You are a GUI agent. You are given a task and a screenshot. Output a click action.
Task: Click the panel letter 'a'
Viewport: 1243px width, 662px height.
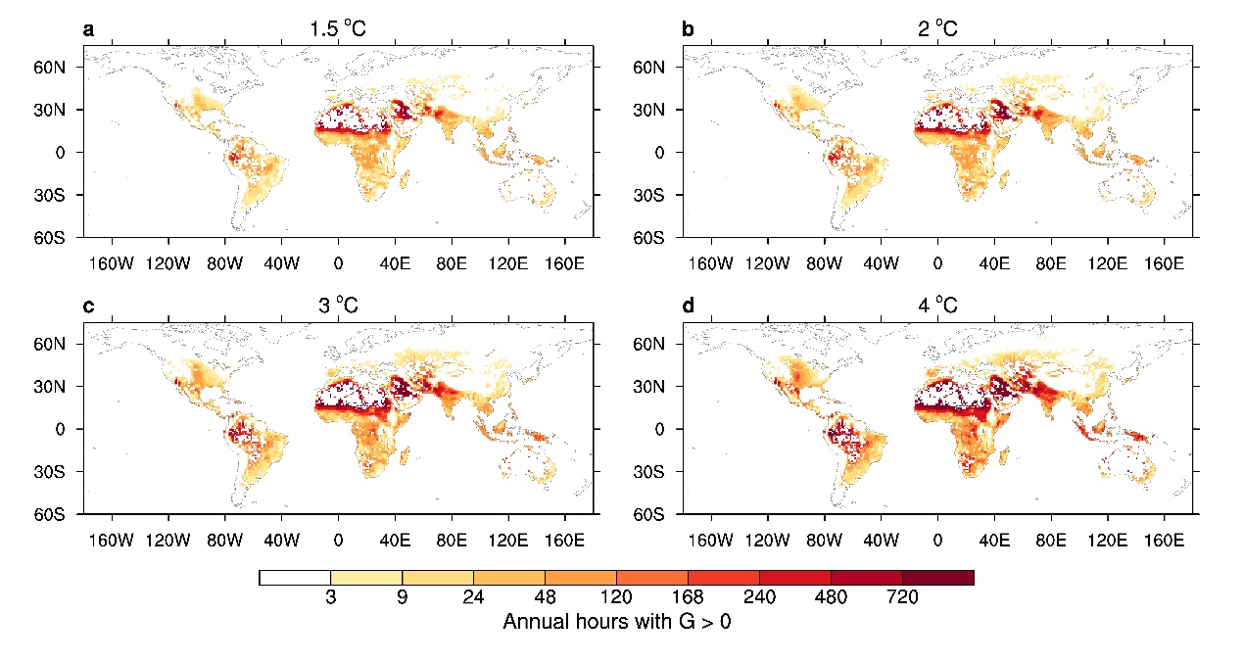tap(89, 29)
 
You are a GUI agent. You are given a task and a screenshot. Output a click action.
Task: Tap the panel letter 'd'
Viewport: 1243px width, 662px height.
tap(688, 306)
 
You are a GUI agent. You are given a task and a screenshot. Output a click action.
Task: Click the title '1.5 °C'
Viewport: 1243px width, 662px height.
tap(337, 29)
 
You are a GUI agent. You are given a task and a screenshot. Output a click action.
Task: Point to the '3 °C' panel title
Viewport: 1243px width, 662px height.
tap(337, 306)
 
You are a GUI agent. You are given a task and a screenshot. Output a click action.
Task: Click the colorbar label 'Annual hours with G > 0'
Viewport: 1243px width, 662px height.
tap(616, 622)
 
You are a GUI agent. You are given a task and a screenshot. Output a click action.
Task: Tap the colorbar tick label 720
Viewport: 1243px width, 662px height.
tap(901, 597)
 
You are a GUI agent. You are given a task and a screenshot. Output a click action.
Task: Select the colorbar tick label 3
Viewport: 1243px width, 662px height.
tap(331, 597)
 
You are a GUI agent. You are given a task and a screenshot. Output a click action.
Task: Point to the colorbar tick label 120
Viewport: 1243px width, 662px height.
tap(616, 597)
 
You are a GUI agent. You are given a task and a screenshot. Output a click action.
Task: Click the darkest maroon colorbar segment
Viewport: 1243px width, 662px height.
tap(937, 578)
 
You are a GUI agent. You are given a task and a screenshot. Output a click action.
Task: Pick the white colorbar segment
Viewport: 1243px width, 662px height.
tap(295, 578)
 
